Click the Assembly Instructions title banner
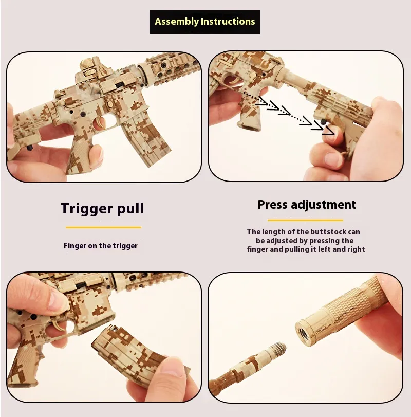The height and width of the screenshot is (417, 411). (x=204, y=22)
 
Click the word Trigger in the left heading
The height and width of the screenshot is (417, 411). (x=87, y=208)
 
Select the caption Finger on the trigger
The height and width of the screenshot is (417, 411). (x=100, y=246)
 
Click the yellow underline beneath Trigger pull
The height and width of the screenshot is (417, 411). (x=104, y=227)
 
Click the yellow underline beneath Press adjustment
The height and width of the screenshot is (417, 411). (x=305, y=220)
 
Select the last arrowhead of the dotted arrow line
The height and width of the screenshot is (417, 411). (x=329, y=130)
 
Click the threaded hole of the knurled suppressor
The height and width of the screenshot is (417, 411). (x=303, y=334)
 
